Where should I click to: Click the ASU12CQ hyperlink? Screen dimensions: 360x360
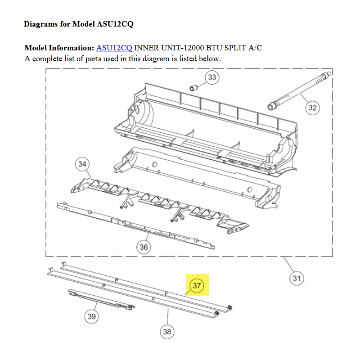(x=114, y=48)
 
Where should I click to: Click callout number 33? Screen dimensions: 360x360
(x=212, y=77)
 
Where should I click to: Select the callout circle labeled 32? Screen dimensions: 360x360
(x=312, y=108)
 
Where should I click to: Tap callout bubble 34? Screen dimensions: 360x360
(x=82, y=164)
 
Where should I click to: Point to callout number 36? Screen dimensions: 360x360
(x=144, y=247)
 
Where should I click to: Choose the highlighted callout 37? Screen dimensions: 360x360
(x=197, y=286)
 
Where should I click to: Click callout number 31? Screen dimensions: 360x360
(x=297, y=278)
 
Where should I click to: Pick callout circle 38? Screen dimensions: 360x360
(x=167, y=332)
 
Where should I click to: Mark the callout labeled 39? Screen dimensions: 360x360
(x=92, y=316)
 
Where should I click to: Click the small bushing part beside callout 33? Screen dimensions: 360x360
(x=193, y=88)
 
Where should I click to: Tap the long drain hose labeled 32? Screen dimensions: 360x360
(x=299, y=91)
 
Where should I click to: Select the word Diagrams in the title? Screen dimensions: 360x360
(x=40, y=24)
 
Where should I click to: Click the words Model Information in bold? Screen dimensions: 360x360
(x=59, y=48)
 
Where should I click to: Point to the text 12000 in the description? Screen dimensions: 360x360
(x=193, y=48)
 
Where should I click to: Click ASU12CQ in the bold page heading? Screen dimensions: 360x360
(x=115, y=24)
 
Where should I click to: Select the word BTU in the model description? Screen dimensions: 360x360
(x=214, y=48)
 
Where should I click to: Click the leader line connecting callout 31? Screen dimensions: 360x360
(x=288, y=264)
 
